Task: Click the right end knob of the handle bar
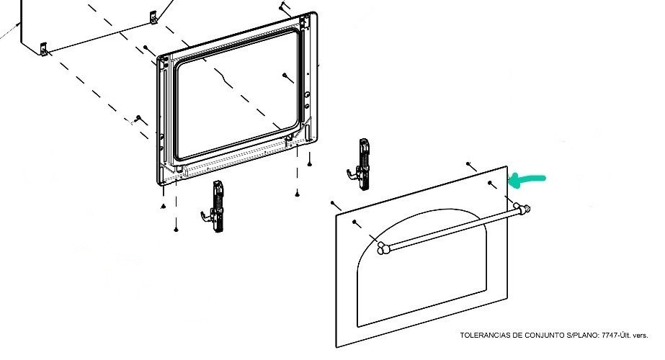point(523,209)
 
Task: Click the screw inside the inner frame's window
point(286,75)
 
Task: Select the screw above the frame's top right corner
point(284,6)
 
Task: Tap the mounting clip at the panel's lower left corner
point(44,50)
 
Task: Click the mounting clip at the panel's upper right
point(152,16)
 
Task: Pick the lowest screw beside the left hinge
point(176,229)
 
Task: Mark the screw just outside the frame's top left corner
point(146,48)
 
